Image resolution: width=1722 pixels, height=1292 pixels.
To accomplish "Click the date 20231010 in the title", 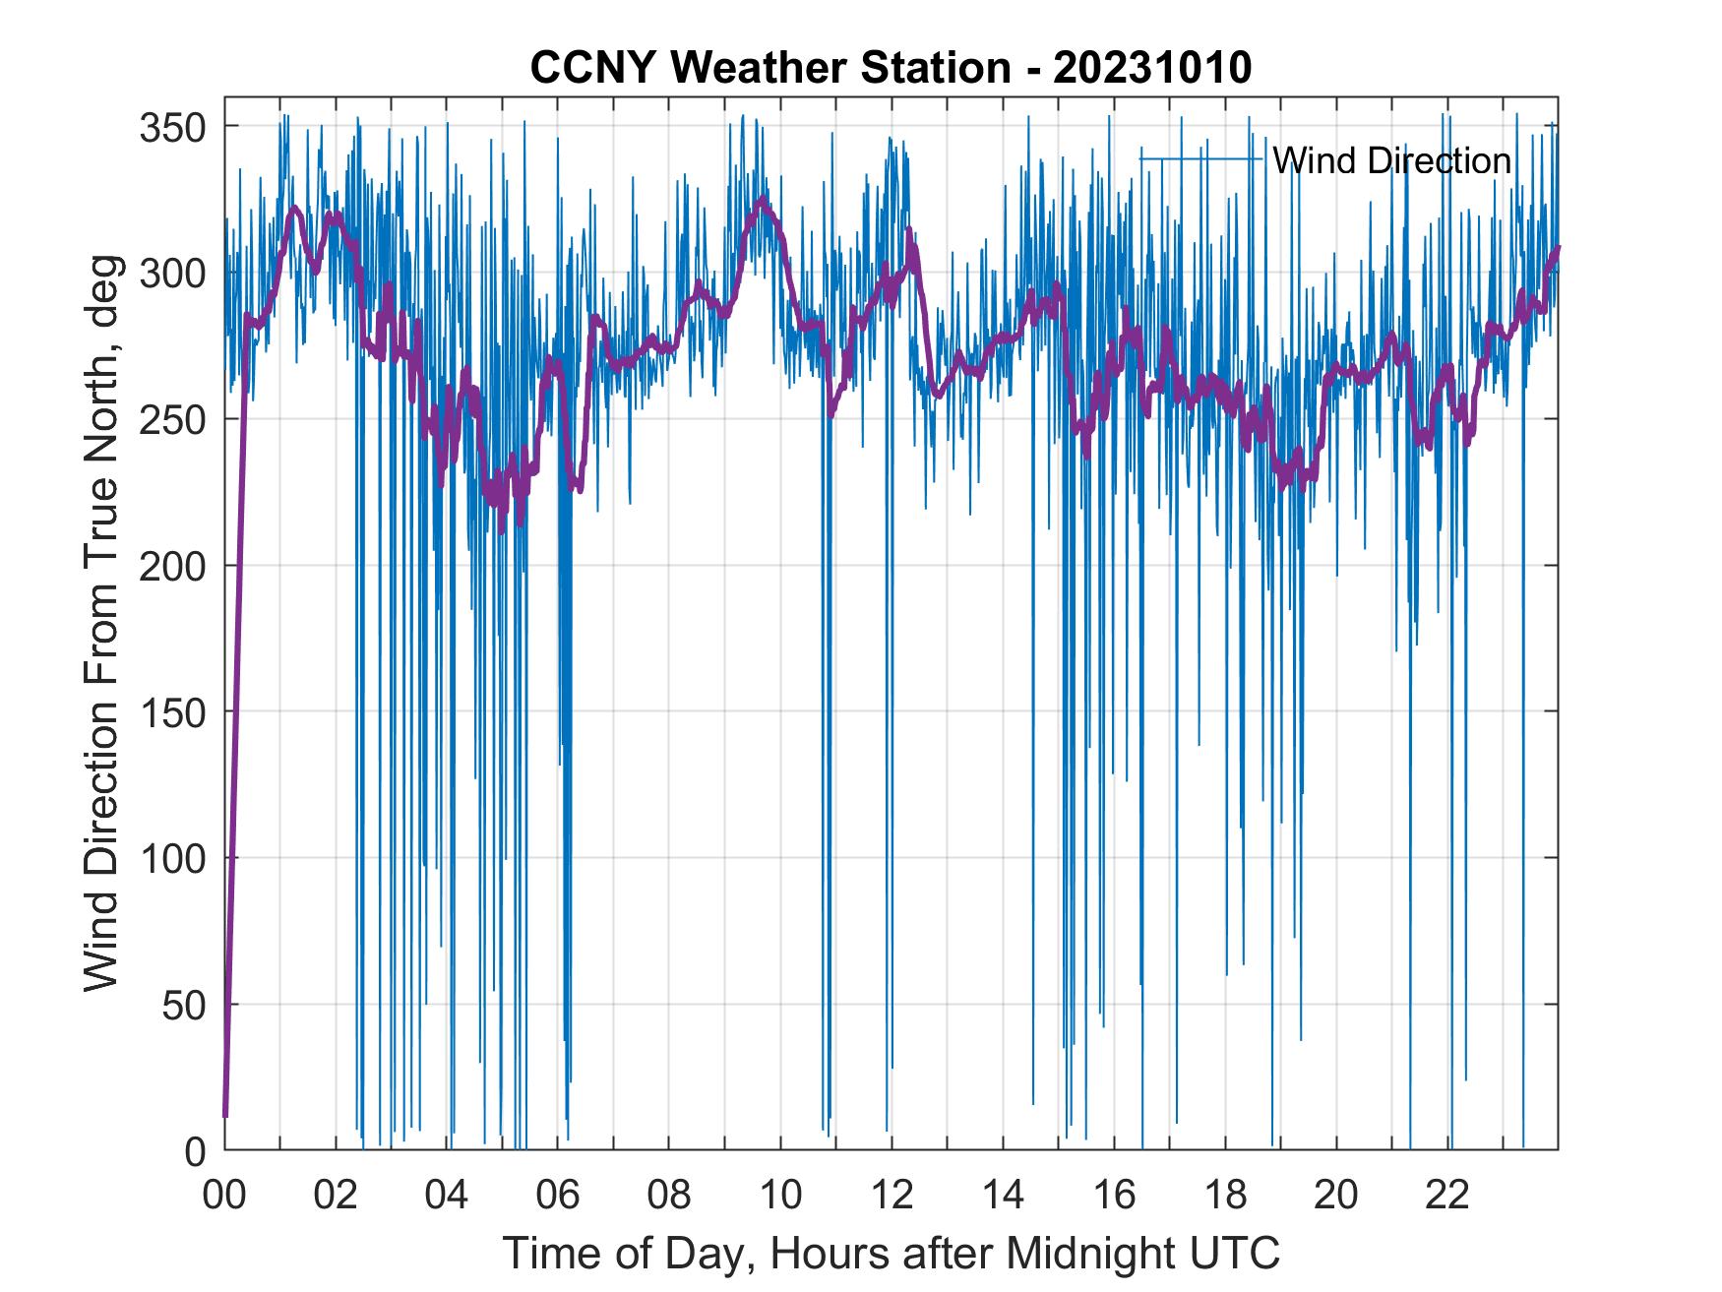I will (x=1152, y=68).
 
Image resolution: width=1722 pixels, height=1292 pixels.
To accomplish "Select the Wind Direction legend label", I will (x=1391, y=160).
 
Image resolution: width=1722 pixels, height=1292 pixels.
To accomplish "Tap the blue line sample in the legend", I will (x=1200, y=159).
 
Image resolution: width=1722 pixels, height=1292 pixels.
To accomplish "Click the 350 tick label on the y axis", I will (x=172, y=127).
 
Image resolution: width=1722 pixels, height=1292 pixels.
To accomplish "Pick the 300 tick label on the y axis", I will (x=172, y=273).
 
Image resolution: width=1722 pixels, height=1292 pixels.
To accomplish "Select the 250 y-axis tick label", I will (x=172, y=419).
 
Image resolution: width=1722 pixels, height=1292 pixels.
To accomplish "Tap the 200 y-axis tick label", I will (x=172, y=566).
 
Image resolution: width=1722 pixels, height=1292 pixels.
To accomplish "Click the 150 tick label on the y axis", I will (x=172, y=711).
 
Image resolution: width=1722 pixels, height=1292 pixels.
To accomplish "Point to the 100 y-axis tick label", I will (x=172, y=858).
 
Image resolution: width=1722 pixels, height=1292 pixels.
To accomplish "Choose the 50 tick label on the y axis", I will (x=183, y=1004).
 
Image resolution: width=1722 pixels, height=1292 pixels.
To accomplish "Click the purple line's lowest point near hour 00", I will (x=225, y=1115).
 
